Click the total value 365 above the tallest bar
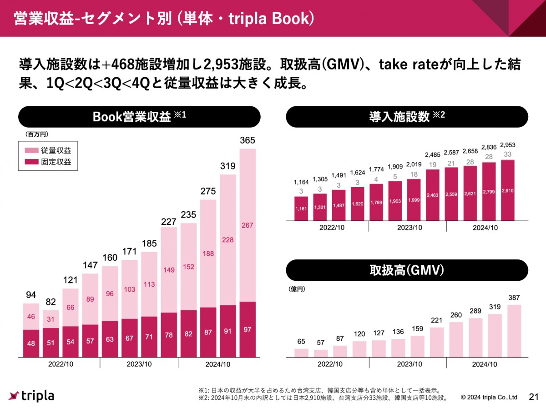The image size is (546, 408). (x=248, y=140)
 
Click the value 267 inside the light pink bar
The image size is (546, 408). (x=248, y=225)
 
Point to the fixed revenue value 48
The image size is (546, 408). (x=31, y=343)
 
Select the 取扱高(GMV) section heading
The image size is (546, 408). (x=407, y=270)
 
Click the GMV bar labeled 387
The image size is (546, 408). (x=514, y=330)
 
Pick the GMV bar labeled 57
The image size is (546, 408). (x=320, y=353)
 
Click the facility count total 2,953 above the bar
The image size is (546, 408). (x=507, y=145)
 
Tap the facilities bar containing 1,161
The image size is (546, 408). (x=301, y=209)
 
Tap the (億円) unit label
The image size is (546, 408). (x=296, y=289)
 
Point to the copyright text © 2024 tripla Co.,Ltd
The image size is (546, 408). (x=489, y=397)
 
